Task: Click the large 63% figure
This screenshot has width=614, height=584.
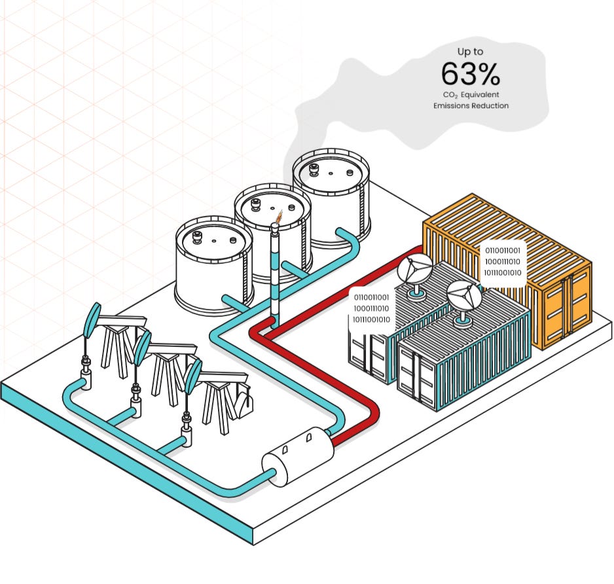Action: [470, 74]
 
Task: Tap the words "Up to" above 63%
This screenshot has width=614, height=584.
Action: [470, 51]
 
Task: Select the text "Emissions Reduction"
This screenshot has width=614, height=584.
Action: [471, 105]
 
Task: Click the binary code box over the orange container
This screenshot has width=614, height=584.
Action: [503, 261]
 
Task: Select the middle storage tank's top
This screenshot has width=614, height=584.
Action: [271, 204]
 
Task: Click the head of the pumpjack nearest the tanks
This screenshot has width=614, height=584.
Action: [94, 318]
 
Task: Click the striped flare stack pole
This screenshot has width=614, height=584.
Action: [275, 275]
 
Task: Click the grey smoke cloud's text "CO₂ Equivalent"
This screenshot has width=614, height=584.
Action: [471, 95]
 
